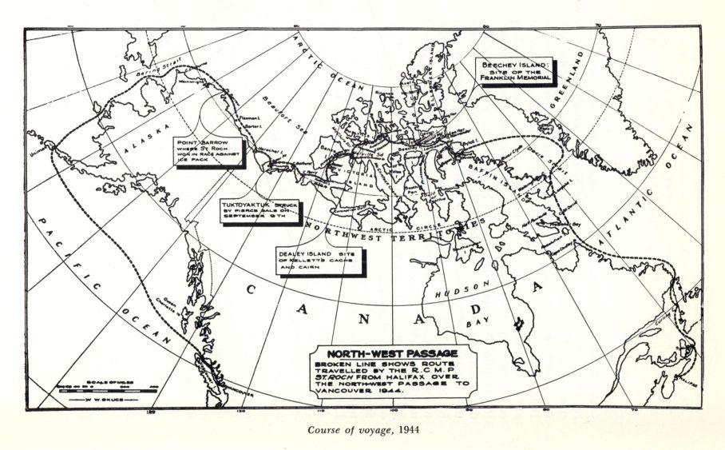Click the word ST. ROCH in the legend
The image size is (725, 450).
[330, 380]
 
